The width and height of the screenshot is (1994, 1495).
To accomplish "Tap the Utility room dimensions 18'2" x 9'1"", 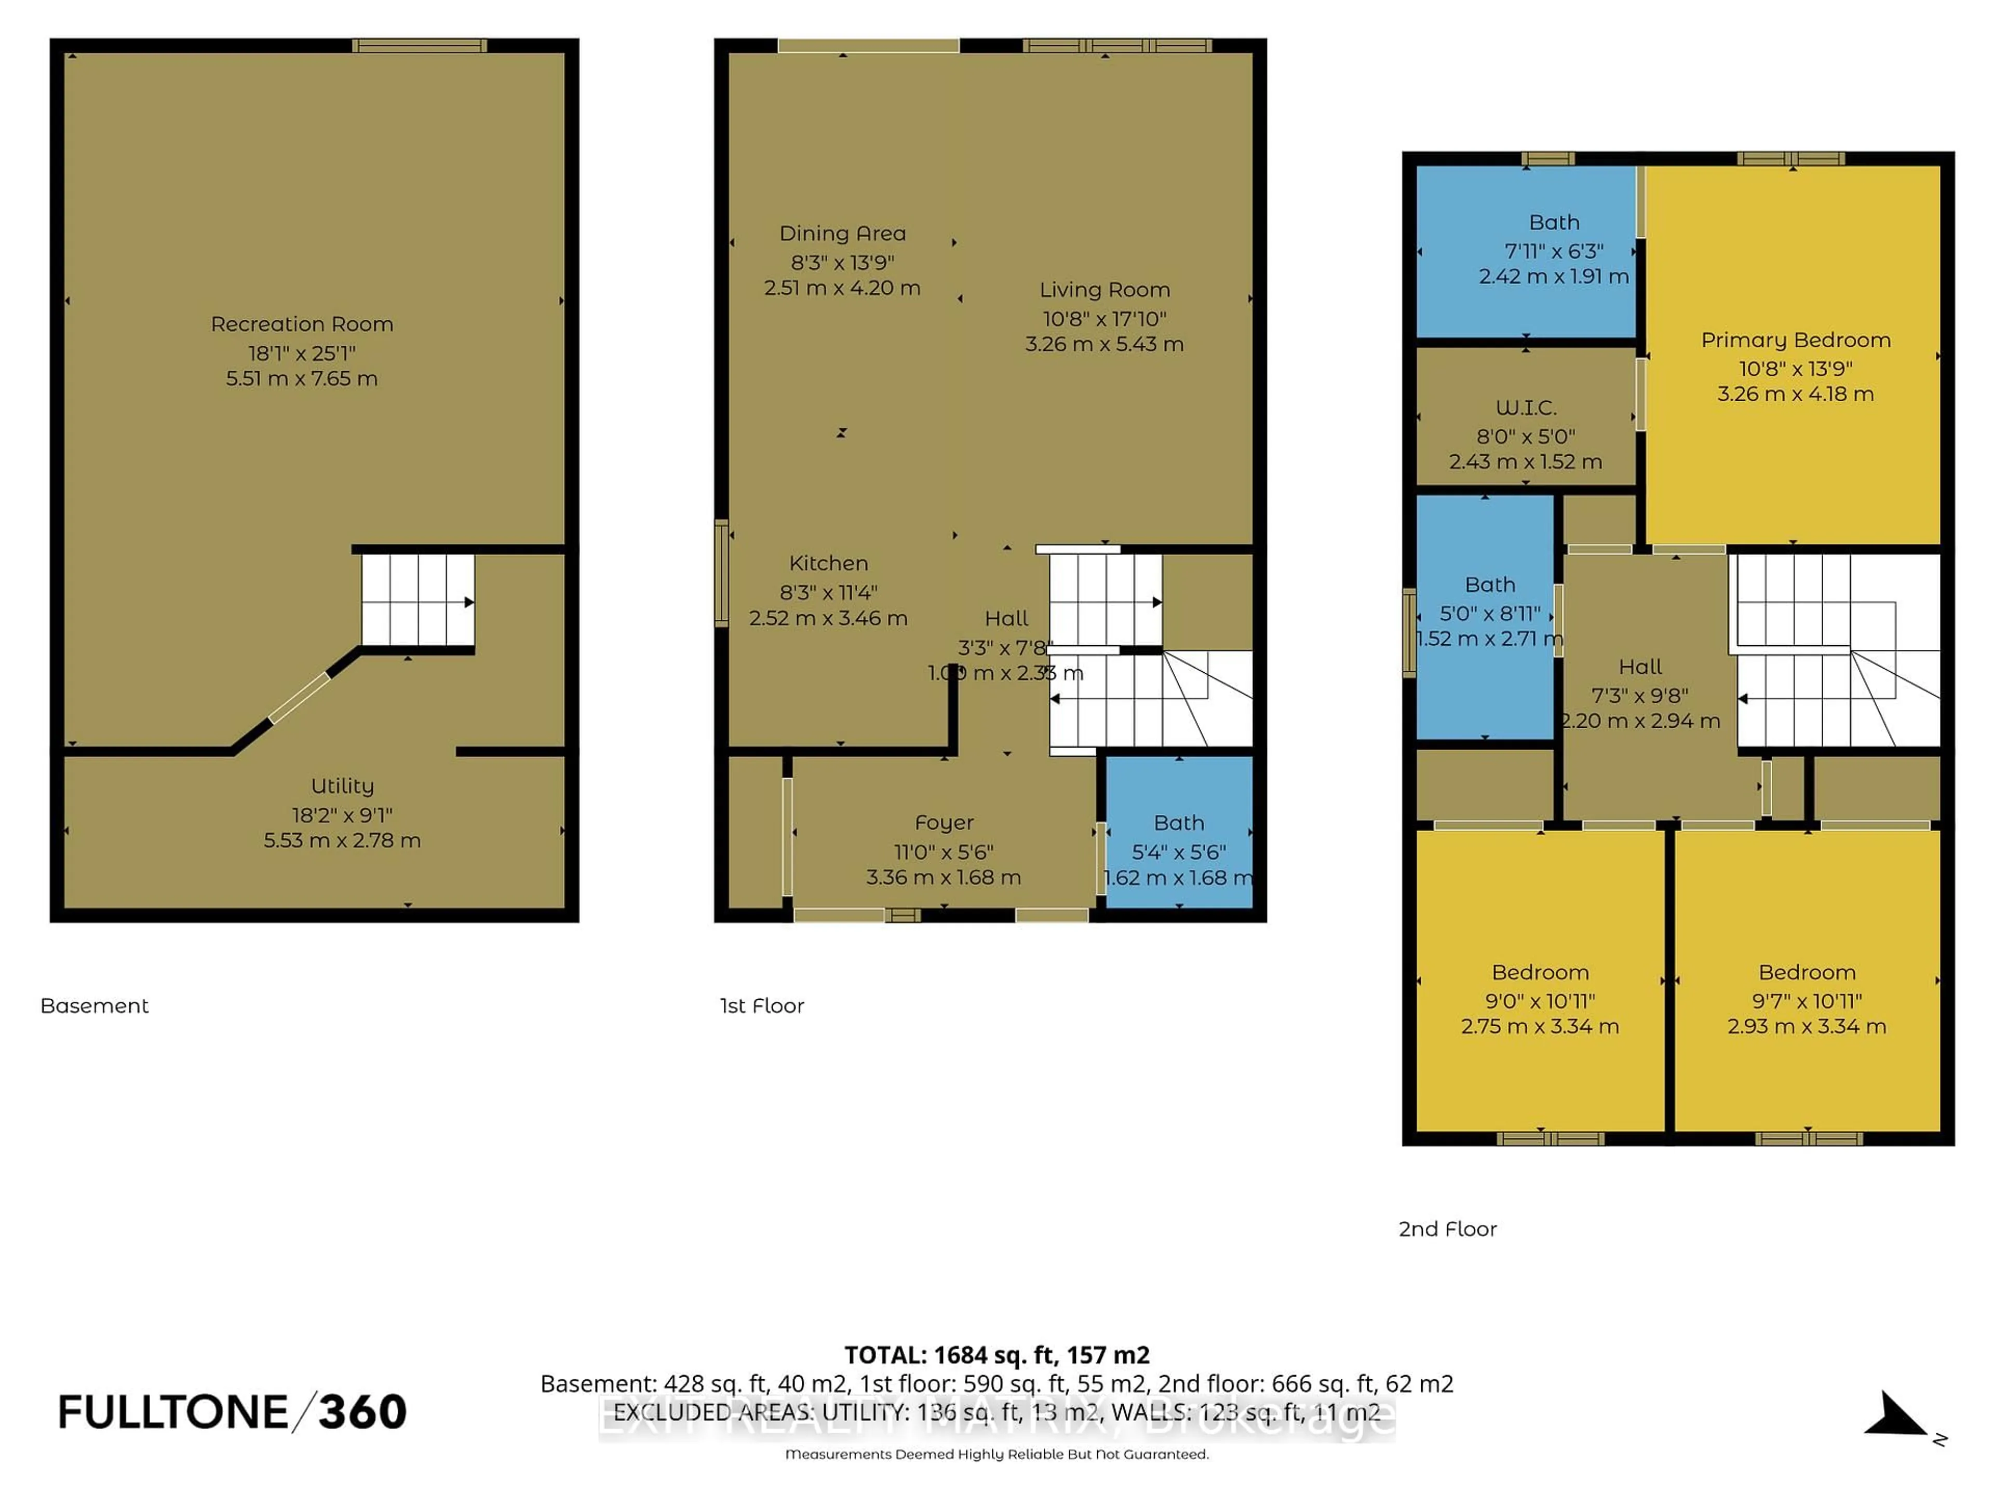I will [x=342, y=814].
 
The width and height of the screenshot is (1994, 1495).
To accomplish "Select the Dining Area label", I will [x=842, y=234].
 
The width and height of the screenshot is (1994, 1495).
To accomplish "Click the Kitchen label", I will [x=828, y=563].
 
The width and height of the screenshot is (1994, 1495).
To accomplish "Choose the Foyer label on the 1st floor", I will [x=944, y=823].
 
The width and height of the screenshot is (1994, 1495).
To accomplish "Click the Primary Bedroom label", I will [x=1795, y=339].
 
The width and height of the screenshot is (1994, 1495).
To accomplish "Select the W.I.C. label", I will [x=1525, y=407].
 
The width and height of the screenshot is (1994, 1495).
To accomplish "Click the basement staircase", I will [x=417, y=599].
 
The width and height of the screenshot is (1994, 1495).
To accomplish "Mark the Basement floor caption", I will [x=95, y=1005].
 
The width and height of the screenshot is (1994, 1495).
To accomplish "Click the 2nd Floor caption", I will [x=1447, y=1229].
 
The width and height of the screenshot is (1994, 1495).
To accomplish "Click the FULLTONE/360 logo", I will [x=232, y=1412].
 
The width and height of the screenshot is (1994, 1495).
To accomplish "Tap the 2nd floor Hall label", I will [x=1640, y=667].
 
